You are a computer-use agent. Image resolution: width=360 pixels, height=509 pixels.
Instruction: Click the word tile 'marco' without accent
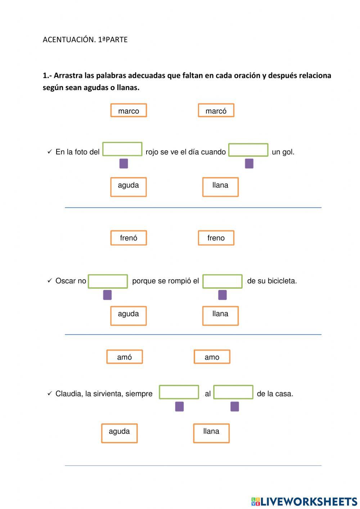click(x=129, y=111)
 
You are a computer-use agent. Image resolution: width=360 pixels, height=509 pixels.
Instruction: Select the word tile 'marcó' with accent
click(x=216, y=111)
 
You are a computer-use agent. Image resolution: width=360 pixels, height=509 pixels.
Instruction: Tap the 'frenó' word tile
click(x=129, y=238)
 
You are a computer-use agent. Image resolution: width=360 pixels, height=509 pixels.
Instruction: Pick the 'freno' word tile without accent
click(x=216, y=238)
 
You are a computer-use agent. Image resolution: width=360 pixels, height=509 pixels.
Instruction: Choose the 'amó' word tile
click(x=125, y=357)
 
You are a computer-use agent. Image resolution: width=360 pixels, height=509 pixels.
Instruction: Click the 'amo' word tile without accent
click(x=212, y=357)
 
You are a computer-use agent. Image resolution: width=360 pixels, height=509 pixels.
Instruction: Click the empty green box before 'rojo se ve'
click(x=122, y=149)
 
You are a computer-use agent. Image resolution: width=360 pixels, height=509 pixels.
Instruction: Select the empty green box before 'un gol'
click(x=248, y=150)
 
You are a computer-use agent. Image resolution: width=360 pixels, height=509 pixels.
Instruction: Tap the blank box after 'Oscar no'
click(x=108, y=281)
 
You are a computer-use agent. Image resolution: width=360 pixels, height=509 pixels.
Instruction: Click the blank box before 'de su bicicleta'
click(x=222, y=281)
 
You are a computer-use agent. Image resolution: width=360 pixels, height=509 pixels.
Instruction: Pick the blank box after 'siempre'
click(x=179, y=392)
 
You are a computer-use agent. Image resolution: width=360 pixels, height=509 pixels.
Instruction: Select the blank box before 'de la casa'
click(x=233, y=392)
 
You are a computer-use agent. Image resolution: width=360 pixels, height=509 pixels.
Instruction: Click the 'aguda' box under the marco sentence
click(x=129, y=187)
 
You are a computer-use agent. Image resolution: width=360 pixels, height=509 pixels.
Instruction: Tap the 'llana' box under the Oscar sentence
click(x=220, y=316)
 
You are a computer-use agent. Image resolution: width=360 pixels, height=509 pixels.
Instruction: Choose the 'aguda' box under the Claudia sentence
click(x=119, y=433)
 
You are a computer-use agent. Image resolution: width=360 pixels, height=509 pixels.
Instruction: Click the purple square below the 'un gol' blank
click(x=249, y=164)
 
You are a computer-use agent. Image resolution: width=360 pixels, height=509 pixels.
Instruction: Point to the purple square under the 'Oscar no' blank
click(x=107, y=295)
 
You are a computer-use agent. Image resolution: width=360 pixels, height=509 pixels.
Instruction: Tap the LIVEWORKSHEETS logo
click(x=304, y=501)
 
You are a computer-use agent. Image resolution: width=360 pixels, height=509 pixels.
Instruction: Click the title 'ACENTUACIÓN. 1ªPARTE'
click(x=85, y=40)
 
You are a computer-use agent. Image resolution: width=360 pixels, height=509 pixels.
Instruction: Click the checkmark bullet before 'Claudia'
click(x=50, y=393)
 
